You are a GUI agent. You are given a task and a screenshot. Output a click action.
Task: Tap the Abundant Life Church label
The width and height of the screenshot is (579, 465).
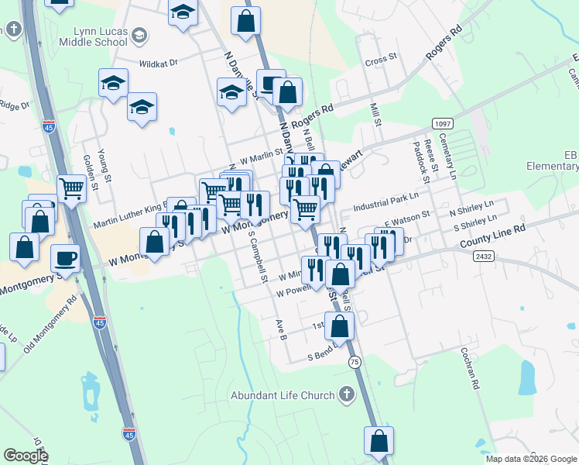283,395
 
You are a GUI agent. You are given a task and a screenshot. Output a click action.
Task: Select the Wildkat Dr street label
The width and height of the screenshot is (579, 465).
159,64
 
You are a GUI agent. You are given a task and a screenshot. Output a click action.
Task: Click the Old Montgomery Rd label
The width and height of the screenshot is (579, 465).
50,324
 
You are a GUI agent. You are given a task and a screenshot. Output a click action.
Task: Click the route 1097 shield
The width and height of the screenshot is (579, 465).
442,124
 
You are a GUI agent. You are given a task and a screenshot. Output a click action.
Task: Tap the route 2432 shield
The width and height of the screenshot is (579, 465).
484,256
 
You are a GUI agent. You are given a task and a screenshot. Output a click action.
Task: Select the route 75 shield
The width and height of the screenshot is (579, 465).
355,362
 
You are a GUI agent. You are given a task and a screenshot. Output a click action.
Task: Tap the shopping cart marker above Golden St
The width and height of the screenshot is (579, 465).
71,187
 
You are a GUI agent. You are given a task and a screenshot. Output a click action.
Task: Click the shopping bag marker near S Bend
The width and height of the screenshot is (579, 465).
339,325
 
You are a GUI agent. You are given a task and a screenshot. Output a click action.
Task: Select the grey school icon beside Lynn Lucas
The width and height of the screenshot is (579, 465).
139,35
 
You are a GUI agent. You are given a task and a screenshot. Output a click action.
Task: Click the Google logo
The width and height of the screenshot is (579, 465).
26,456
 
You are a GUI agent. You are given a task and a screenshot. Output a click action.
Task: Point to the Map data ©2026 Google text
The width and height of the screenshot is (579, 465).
531,459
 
